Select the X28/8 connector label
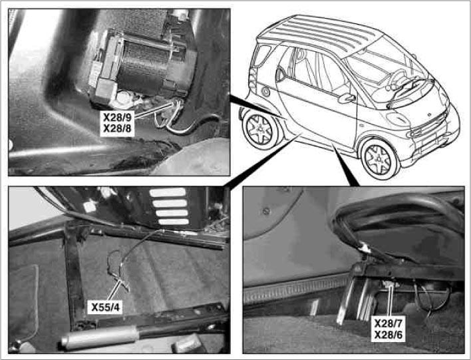[x=117, y=128]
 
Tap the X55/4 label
[x=105, y=307]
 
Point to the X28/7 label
[x=388, y=323]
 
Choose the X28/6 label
[x=388, y=335]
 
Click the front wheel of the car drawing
[x=379, y=158]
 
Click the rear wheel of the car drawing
[x=260, y=129]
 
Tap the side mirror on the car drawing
[x=347, y=98]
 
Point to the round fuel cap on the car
[x=265, y=91]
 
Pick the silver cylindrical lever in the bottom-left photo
[x=99, y=338]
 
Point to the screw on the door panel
[x=266, y=211]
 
